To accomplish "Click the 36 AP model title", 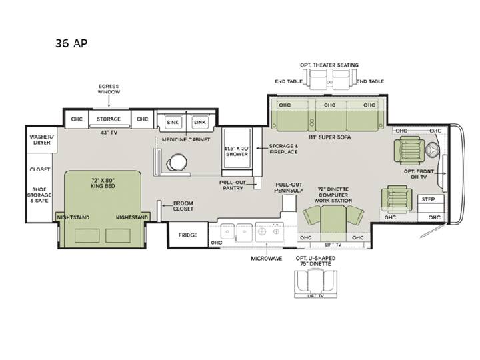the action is (x=71, y=43).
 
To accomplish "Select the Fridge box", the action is (x=187, y=235).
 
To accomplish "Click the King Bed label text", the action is (x=103, y=183).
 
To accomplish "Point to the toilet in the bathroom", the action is (x=175, y=162).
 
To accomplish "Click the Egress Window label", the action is (x=109, y=89).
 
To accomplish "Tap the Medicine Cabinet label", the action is (x=186, y=139).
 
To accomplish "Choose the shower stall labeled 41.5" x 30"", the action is (x=237, y=148).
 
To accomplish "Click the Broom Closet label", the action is (x=183, y=206).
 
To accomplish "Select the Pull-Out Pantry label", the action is (x=233, y=185).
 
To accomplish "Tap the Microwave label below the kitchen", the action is (x=267, y=259).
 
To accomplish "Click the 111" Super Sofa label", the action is (x=329, y=137).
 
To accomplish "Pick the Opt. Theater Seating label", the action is (x=329, y=65).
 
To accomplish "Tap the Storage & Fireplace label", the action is (x=283, y=149).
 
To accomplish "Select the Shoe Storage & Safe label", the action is (x=39, y=195).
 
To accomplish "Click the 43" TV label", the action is (x=109, y=133).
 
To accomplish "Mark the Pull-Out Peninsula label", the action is (x=289, y=187).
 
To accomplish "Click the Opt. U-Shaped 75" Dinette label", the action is (x=315, y=261).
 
